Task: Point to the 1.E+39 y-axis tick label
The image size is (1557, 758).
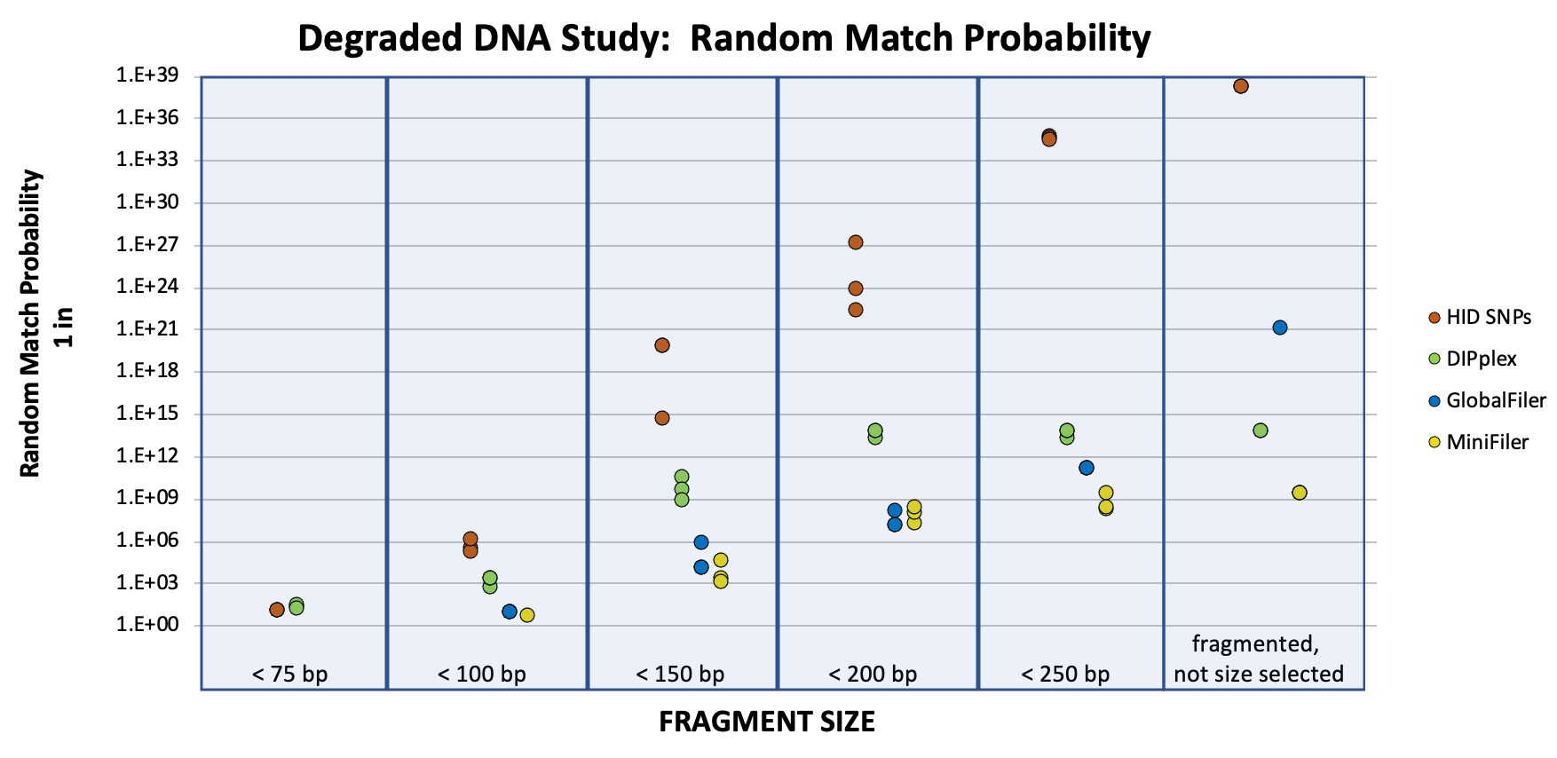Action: (x=146, y=76)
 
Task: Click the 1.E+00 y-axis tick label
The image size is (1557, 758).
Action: (x=146, y=626)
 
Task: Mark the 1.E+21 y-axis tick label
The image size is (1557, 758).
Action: (x=146, y=329)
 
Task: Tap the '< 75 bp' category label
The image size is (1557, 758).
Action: (x=290, y=675)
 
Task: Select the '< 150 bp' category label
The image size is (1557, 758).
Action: (x=680, y=675)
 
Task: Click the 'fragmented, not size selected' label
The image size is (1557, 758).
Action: (x=1258, y=659)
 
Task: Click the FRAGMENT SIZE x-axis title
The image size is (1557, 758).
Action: (x=767, y=722)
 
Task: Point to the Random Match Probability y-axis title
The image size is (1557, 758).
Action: (x=32, y=324)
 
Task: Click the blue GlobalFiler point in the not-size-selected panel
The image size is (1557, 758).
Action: (x=1279, y=328)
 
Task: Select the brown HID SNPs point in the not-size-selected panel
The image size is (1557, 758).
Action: (x=1240, y=86)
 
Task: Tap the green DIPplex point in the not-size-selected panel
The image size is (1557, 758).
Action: (x=1260, y=430)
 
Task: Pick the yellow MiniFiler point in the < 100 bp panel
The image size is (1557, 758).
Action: (x=527, y=615)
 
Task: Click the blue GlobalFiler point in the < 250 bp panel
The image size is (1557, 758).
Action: (x=1086, y=468)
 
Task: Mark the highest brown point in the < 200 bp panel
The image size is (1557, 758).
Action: (x=855, y=242)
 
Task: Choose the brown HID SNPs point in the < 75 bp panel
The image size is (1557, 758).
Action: (x=277, y=610)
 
